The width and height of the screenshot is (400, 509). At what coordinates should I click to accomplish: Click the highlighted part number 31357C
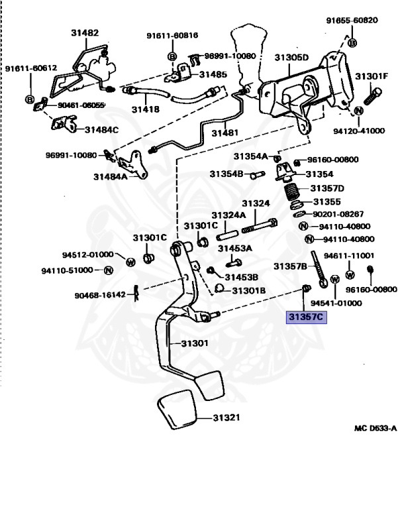[306, 317]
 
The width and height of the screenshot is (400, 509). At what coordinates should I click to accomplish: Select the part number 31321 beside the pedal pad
[226, 418]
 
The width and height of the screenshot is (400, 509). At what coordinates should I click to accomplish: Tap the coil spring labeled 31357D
[291, 192]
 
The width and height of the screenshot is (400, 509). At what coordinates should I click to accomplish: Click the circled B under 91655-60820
[352, 42]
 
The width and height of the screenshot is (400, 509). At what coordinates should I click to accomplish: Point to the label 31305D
[291, 58]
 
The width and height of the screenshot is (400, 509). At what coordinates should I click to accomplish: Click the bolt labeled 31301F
[372, 96]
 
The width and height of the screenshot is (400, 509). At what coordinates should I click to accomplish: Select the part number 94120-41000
[359, 131]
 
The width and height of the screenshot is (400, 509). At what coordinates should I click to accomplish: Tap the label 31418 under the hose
[146, 109]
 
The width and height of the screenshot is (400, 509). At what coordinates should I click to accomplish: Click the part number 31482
[85, 32]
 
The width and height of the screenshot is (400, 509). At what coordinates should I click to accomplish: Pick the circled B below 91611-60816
[172, 56]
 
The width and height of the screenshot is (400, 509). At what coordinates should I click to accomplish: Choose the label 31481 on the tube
[225, 133]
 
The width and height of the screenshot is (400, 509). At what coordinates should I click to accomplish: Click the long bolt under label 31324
[260, 225]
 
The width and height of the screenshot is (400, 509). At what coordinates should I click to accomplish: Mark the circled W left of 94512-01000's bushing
[130, 262]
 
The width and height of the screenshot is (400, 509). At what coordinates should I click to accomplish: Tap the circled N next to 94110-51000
[109, 270]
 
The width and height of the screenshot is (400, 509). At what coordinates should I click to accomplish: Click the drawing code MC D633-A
[375, 429]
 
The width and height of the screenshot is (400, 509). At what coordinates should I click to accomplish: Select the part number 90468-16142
[100, 295]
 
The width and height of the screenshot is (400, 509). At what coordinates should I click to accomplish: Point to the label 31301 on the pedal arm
[195, 343]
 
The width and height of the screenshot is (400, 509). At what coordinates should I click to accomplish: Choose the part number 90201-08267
[338, 214]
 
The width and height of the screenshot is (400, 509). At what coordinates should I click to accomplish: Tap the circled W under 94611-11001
[350, 275]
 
